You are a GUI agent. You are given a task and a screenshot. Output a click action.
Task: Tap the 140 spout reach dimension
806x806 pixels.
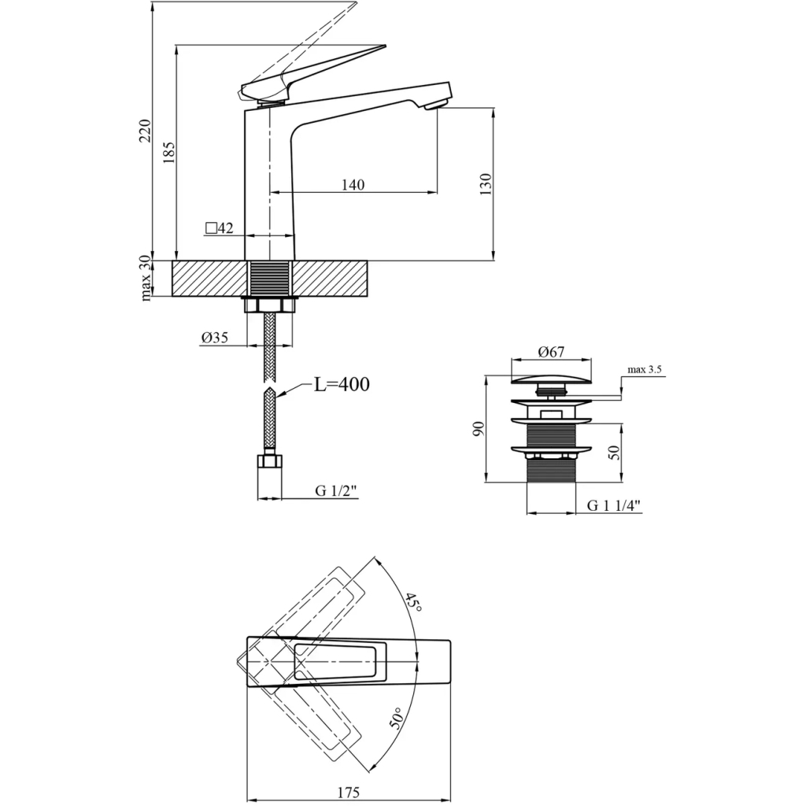click(x=353, y=185)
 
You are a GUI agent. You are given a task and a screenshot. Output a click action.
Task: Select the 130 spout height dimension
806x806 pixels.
click(x=486, y=184)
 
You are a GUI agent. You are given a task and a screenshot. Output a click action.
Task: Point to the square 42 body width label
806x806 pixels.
click(x=220, y=228)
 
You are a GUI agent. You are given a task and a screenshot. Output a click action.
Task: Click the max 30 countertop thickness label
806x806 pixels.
click(x=146, y=278)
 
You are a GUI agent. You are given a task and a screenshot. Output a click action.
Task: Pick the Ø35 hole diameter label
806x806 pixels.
click(x=214, y=337)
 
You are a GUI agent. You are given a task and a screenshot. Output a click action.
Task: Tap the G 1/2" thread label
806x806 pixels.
click(x=337, y=490)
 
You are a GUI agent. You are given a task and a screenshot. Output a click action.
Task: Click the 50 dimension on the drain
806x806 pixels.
click(x=614, y=451)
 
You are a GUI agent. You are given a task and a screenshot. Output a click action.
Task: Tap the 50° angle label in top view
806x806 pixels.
click(x=397, y=718)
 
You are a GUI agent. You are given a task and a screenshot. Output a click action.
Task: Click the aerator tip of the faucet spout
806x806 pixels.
click(x=435, y=105)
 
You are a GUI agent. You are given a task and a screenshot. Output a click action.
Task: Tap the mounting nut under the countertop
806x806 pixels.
click(x=270, y=305)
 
